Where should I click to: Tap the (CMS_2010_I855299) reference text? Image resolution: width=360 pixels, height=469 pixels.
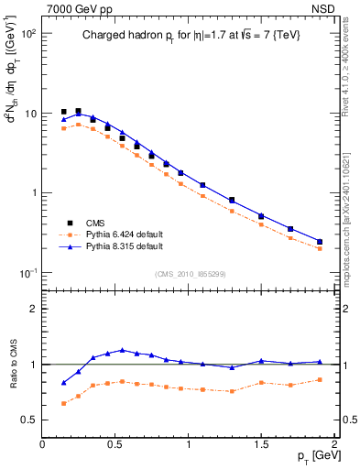click(x=190, y=273)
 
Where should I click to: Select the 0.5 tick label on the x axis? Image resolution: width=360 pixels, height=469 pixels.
click(x=115, y=444)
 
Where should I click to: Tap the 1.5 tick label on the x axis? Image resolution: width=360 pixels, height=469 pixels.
click(x=261, y=444)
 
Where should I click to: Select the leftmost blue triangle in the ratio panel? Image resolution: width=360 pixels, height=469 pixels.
click(x=63, y=383)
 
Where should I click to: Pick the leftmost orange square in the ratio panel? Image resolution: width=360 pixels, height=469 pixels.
click(x=63, y=403)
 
